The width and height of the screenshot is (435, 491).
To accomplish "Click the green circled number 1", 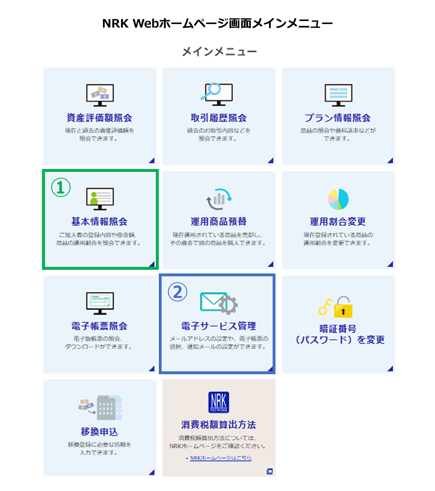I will tap(61, 187).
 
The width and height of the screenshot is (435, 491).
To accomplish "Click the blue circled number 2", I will tap(178, 292).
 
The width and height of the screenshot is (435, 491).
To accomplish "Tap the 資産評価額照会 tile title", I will tap(99, 118).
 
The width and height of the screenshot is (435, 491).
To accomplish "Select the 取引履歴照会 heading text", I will tap(219, 118).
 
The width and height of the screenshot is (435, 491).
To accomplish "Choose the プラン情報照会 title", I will tap(337, 118).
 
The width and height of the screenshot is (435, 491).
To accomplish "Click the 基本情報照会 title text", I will tap(99, 222).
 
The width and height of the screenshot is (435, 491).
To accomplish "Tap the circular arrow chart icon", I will tap(219, 199).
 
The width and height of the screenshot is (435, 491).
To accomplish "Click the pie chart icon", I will tap(338, 199).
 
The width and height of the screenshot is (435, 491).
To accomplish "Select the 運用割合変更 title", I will tap(338, 222).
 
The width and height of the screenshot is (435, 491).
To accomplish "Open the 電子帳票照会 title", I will tap(99, 326).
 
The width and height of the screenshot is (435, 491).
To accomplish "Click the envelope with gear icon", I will tap(219, 303).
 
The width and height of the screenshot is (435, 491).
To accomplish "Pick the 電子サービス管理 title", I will tap(219, 326).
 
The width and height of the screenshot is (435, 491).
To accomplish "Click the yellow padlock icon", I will tap(343, 308).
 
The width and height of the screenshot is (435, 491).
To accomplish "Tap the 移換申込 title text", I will tap(99, 432).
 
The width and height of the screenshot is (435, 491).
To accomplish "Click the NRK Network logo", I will tap(219, 402).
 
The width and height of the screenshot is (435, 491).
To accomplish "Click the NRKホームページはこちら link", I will tap(220, 458).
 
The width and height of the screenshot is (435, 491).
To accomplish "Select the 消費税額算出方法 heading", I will tap(219, 425).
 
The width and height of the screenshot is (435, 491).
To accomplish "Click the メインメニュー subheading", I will tap(219, 52).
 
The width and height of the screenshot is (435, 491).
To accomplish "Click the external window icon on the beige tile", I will tap(269, 471).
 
